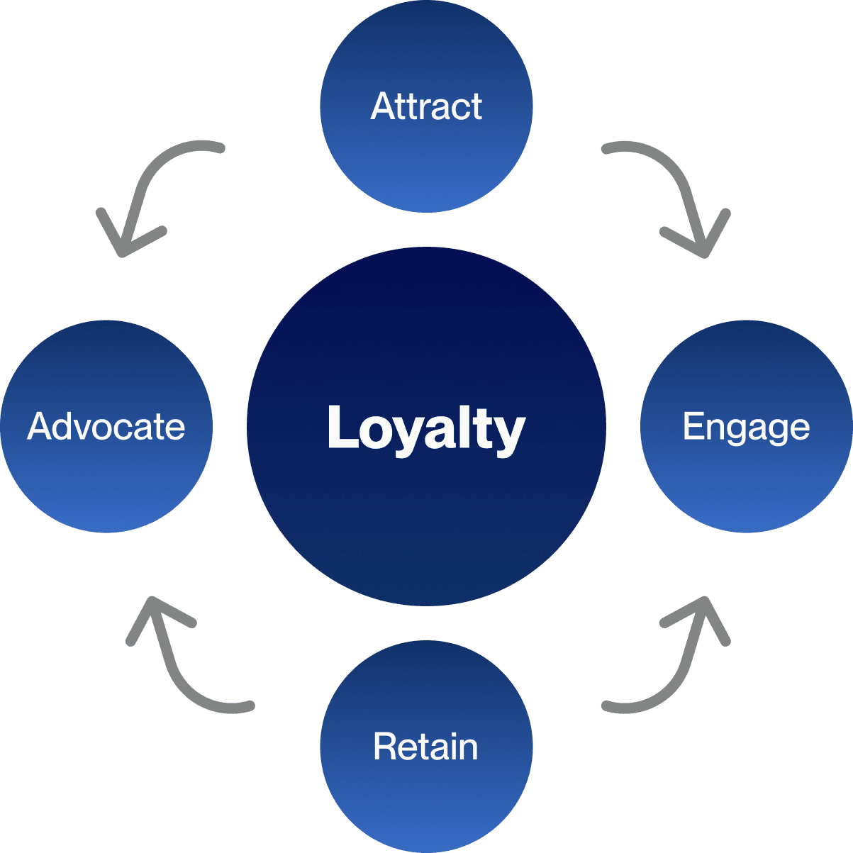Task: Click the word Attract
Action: tap(426, 106)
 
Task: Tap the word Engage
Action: tap(746, 427)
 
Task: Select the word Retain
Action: tap(425, 747)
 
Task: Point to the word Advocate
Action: tap(106, 427)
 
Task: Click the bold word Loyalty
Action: tap(426, 428)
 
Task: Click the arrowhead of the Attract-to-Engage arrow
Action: tap(703, 250)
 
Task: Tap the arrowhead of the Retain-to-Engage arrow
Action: tap(703, 604)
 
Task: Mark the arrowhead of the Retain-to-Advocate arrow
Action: tap(150, 604)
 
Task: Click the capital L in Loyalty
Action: tap(340, 427)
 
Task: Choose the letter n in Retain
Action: tap(469, 749)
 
